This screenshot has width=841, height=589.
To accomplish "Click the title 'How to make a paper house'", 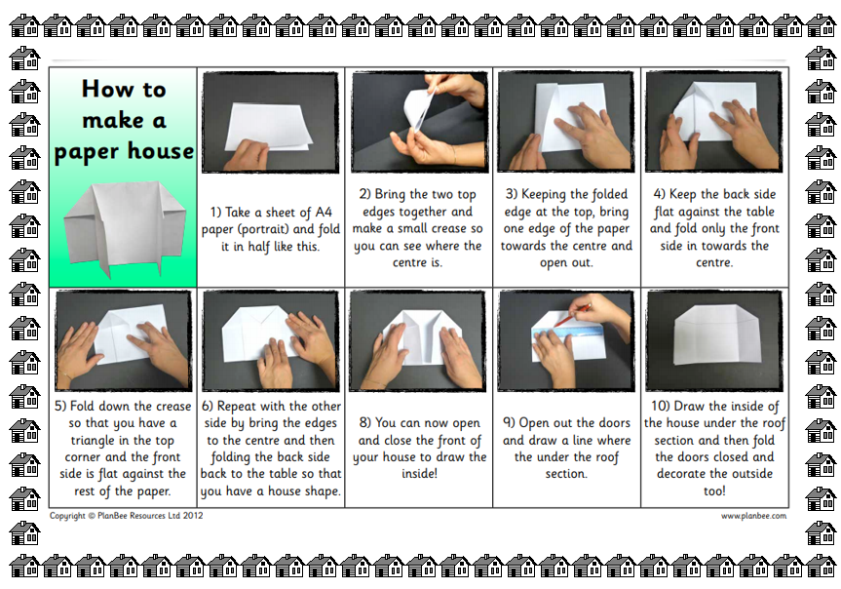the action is point(124,120).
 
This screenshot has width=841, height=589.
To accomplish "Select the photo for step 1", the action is point(270,123).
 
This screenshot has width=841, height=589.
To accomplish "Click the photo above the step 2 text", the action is point(419,123).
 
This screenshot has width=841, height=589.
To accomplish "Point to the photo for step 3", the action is point(566,122).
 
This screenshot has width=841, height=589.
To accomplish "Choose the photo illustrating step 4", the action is point(714,122).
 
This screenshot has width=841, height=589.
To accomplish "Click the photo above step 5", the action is point(124,340).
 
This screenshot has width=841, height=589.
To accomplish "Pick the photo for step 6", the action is point(270,340).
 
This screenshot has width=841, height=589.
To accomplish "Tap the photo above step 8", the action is point(417,340).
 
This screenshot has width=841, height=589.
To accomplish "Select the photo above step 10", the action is point(714,340).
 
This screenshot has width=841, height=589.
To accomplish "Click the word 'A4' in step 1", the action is point(324,212).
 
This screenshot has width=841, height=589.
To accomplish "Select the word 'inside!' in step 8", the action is point(419,474).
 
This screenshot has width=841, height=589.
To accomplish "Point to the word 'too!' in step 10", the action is point(714,491).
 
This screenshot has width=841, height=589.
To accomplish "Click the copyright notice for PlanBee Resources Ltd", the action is point(127,516).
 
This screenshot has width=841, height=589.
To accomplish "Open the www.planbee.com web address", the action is point(753,516).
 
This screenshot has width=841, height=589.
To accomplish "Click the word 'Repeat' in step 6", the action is point(239,407).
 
